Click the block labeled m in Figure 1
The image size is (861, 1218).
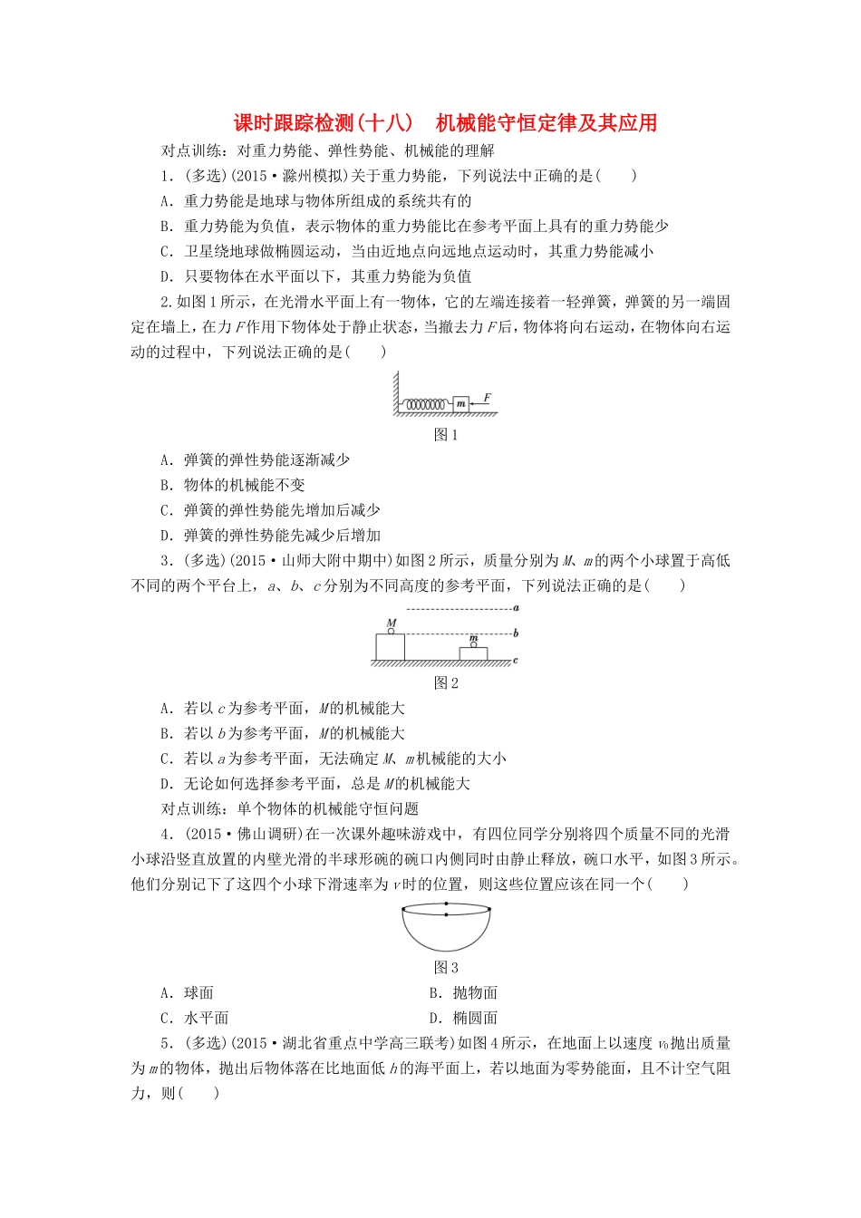click(460, 403)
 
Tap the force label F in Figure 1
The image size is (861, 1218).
click(488, 397)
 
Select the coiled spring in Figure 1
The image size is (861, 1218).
click(426, 404)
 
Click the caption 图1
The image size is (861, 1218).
click(446, 435)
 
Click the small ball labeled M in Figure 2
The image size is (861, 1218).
click(392, 631)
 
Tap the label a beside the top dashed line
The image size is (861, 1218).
click(515, 608)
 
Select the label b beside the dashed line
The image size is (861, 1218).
click(515, 633)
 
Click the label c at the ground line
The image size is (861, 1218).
click(515, 661)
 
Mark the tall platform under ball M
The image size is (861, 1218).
click(391, 647)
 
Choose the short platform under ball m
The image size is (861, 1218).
click(473, 654)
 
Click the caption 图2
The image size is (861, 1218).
click(446, 683)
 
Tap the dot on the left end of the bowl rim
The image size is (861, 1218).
click(404, 909)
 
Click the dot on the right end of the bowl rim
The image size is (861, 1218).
click(489, 909)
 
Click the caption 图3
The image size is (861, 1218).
click(446, 968)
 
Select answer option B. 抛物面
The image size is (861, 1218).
click(463, 993)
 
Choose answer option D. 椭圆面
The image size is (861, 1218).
click(463, 1019)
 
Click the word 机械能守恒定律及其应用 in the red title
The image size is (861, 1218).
click(547, 123)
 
